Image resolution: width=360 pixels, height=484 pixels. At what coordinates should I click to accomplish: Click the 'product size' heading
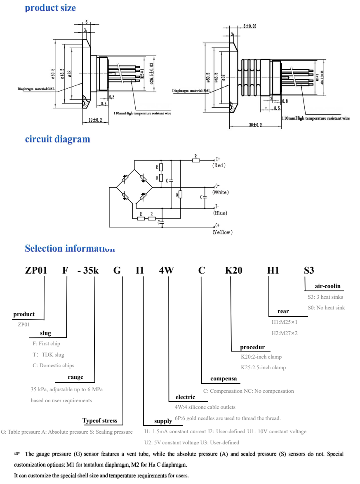[50, 8]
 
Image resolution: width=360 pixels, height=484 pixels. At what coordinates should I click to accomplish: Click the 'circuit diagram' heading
[57, 139]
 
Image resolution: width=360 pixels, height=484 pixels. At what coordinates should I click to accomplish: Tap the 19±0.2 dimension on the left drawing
[95, 120]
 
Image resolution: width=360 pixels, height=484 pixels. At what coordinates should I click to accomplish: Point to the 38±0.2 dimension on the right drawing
[255, 125]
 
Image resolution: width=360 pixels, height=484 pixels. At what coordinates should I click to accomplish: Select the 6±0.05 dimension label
[249, 26]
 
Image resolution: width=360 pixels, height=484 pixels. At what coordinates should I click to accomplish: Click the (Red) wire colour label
[219, 165]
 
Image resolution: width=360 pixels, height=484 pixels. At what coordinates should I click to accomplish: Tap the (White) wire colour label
[221, 192]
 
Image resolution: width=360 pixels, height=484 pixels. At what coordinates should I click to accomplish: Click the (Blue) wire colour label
[220, 213]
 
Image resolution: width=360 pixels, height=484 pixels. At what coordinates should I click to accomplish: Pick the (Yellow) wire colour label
[223, 232]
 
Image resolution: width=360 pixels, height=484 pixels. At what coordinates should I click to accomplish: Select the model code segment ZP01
[36, 271]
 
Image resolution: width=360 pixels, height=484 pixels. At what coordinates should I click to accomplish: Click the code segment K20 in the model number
[233, 271]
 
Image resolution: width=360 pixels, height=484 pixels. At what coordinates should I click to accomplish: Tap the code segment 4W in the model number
[167, 271]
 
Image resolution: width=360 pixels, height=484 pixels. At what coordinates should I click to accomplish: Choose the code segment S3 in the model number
[309, 271]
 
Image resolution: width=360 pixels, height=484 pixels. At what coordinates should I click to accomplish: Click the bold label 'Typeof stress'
[100, 421]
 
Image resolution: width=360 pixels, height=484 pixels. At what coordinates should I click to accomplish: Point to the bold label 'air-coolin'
[328, 286]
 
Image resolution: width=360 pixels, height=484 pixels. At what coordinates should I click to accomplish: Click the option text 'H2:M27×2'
[284, 333]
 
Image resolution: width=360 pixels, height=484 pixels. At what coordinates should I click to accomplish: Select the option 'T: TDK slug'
[49, 354]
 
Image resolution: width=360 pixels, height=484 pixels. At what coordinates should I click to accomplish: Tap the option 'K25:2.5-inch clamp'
[263, 367]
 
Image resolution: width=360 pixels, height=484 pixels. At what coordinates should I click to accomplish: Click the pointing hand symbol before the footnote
[17, 454]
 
